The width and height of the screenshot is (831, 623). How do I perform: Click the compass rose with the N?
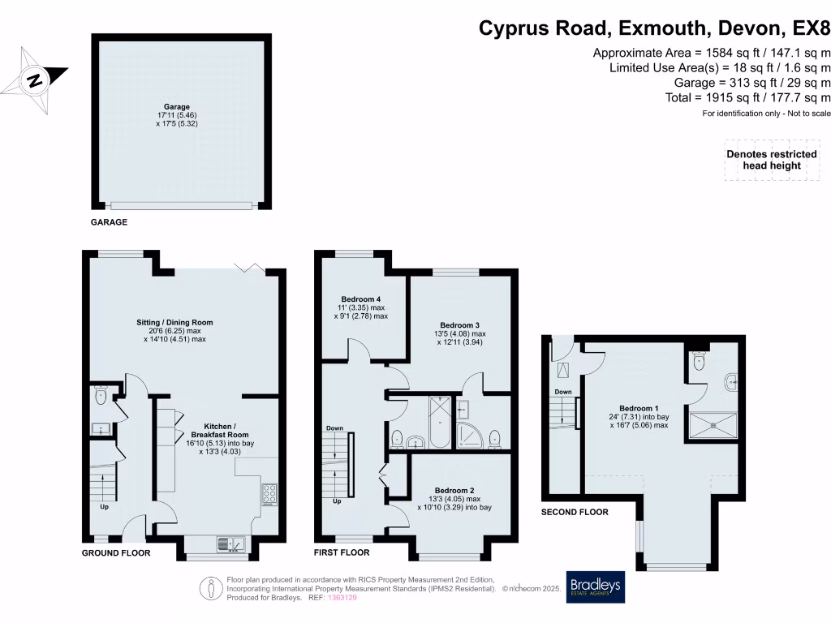pyautogui.click(x=34, y=79)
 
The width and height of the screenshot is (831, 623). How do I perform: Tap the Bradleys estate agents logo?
pyautogui.click(x=596, y=587)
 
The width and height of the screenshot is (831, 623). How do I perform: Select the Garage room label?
pyautogui.click(x=176, y=107)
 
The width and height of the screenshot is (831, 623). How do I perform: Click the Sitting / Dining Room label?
pyautogui.click(x=174, y=322)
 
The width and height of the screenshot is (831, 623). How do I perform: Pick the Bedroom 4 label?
pyautogui.click(x=360, y=299)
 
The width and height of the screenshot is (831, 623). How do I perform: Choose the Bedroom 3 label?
pyautogui.click(x=461, y=324)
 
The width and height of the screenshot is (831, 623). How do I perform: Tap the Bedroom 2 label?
pyautogui.click(x=454, y=490)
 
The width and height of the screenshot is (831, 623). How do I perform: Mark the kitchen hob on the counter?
pyautogui.click(x=269, y=493)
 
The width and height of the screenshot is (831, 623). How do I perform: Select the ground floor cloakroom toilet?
pyautogui.click(x=101, y=397)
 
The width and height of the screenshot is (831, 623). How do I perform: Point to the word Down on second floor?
pyautogui.click(x=562, y=392)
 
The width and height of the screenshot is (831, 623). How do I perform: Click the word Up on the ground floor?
pyautogui.click(x=104, y=507)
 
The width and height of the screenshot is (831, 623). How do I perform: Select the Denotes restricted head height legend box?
pyautogui.click(x=771, y=160)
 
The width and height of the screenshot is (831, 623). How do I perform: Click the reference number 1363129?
pyautogui.click(x=340, y=598)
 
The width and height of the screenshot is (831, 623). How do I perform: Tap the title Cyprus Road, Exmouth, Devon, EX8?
pyautogui.click(x=654, y=28)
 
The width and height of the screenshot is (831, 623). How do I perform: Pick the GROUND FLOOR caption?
pyautogui.click(x=116, y=553)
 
